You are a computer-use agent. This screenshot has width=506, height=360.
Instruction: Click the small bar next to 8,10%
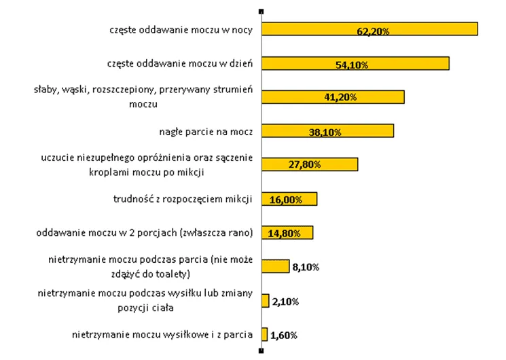(x=275, y=266)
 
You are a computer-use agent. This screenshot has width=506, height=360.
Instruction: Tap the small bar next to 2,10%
(x=265, y=300)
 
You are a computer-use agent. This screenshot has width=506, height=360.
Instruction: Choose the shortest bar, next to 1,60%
(x=264, y=334)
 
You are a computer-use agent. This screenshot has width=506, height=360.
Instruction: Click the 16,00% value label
(x=283, y=200)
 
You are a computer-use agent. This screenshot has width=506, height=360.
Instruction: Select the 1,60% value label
(x=284, y=336)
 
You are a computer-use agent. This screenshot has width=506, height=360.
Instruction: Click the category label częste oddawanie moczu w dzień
(x=180, y=64)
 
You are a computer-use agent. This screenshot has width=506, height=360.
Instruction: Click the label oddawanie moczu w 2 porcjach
(x=145, y=233)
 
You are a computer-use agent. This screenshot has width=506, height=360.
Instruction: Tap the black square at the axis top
(x=261, y=11)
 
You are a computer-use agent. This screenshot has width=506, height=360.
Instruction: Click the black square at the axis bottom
(x=261, y=350)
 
